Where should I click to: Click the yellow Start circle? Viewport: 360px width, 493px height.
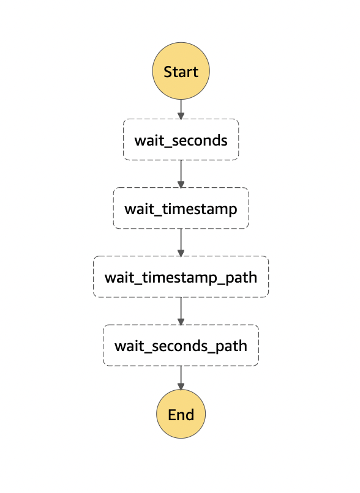181,71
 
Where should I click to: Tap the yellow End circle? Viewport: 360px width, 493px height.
181,413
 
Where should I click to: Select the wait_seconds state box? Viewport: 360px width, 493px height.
181,139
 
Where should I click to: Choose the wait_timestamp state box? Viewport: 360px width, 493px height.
181,208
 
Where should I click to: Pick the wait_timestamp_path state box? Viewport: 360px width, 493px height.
181,276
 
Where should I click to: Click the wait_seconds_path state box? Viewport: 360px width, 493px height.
181,345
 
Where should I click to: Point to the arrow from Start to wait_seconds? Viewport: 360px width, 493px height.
181,109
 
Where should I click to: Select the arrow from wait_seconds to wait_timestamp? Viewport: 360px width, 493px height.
181,174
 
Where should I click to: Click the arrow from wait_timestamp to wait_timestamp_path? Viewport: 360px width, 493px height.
181,243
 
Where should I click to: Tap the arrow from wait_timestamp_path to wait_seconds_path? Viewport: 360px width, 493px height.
181,311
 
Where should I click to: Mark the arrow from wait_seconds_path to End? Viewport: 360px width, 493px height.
181,378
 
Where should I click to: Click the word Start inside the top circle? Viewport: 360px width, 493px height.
181,72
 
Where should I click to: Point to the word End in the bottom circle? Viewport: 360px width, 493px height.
181,415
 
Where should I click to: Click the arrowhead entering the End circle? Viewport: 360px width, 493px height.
181,387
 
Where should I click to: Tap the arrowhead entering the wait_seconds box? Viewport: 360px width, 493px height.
181,116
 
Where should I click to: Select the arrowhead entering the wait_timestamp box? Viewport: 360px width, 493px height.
181,184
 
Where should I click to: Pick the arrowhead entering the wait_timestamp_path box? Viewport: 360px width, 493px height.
181,253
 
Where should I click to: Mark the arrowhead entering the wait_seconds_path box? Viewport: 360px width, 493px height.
181,321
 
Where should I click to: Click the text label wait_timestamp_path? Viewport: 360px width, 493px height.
181,278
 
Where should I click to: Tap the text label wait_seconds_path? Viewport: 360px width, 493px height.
181,346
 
